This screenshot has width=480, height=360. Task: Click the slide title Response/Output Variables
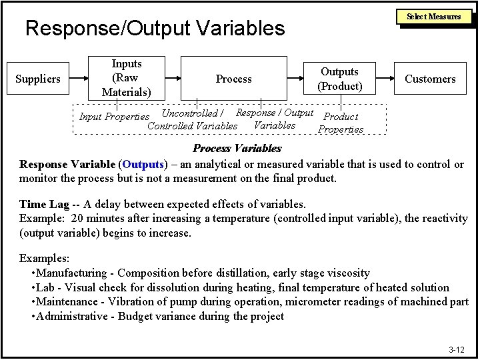pos(154,28)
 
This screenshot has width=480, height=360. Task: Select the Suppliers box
pos(38,79)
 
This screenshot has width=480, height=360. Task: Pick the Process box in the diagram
pos(233,79)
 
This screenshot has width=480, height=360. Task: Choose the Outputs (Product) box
pos(340,79)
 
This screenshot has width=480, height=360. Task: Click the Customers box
pos(431,79)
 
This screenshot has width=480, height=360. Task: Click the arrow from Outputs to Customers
pos(390,79)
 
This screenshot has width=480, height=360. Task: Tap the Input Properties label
pos(114,117)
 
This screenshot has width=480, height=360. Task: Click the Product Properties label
pos(341,123)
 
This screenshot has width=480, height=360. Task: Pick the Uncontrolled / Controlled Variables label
pos(193,119)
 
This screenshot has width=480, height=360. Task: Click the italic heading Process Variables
pos(237,148)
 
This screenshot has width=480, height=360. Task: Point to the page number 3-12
pos(457,349)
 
